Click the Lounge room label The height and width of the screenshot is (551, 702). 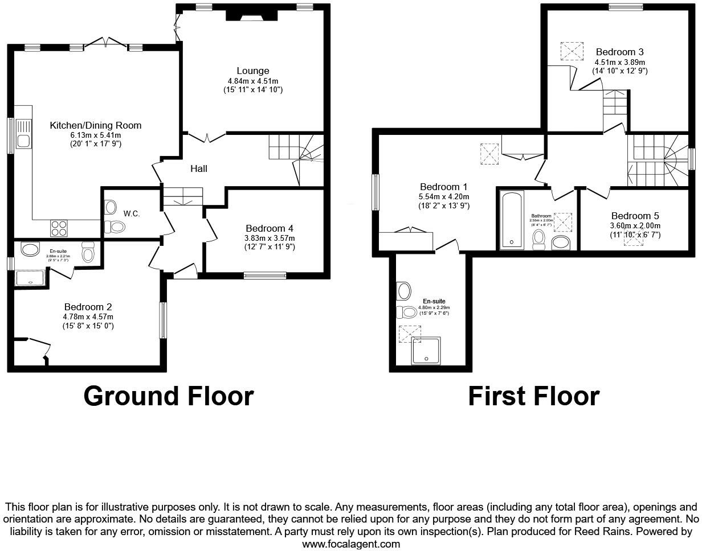tap(253, 71)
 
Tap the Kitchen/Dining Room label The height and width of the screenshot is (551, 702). tap(95, 125)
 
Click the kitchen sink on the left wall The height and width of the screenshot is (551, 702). tap(23, 133)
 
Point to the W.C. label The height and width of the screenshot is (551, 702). tap(132, 213)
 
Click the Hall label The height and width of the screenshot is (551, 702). tap(199, 168)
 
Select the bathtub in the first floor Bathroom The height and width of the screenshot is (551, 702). tap(511, 221)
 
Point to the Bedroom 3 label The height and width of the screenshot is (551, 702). tap(619, 52)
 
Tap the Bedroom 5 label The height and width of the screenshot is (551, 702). tap(635, 216)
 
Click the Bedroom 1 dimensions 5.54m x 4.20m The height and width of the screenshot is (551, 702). tap(444, 196)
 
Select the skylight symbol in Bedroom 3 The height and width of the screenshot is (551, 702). tap(572, 51)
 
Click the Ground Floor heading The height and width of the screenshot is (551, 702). tap(169, 396)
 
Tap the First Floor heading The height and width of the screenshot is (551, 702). tap(533, 396)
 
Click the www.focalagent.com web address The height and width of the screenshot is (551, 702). tap(351, 544)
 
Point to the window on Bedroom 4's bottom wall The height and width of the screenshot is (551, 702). tap(264, 275)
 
